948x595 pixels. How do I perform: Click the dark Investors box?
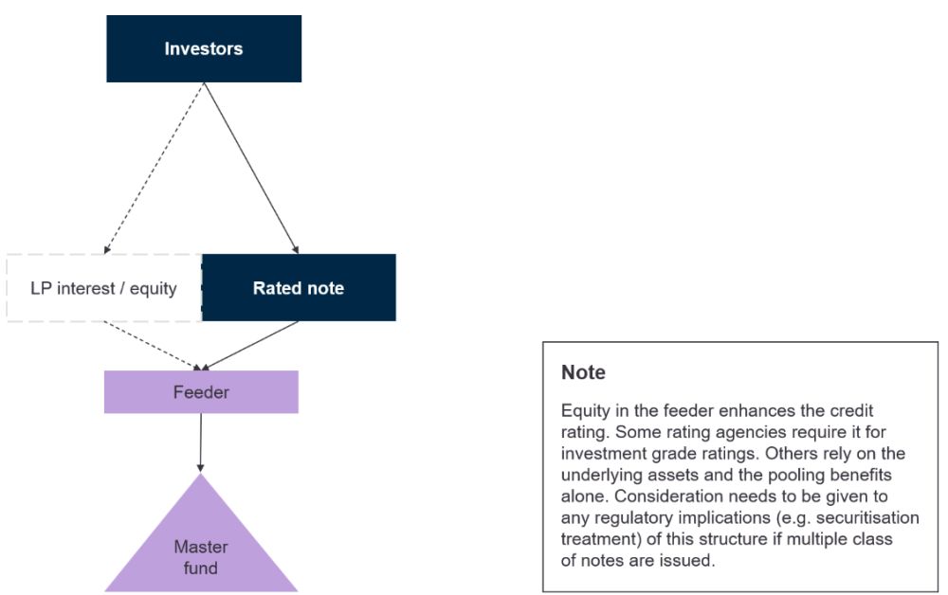click(204, 48)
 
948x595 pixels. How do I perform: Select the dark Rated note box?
click(299, 287)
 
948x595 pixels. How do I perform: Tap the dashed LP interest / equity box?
click(104, 288)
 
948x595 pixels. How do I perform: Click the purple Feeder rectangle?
click(201, 392)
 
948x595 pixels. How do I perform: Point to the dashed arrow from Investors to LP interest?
click(155, 168)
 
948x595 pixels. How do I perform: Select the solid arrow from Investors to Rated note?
click(251, 168)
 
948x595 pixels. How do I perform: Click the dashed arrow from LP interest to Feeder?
click(153, 346)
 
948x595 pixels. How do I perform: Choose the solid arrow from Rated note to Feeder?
click(249, 346)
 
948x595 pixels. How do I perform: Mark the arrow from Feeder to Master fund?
click(201, 442)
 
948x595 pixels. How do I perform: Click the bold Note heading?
click(583, 372)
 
